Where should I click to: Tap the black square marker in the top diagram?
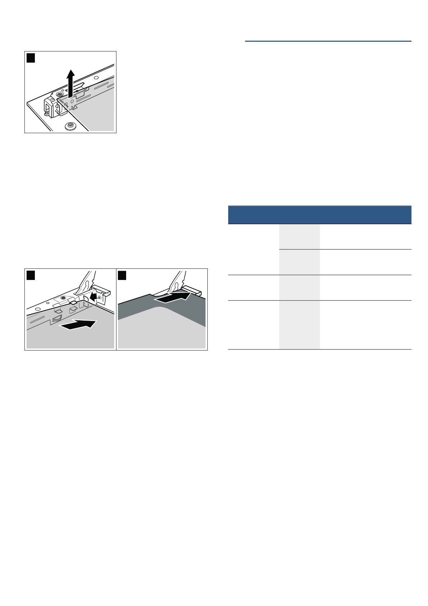click(x=31, y=58)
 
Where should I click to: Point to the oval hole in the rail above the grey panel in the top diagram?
click(x=96, y=78)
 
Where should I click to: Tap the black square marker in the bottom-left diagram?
click(x=31, y=275)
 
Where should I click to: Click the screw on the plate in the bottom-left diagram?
click(x=63, y=298)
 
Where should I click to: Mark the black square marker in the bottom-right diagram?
click(x=122, y=275)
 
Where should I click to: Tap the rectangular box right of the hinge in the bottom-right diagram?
click(x=193, y=290)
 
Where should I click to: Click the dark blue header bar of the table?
click(x=319, y=215)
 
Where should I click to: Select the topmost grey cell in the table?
click(x=299, y=237)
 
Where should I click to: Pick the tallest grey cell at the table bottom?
click(x=299, y=325)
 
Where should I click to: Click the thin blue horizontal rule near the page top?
click(x=328, y=41)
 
